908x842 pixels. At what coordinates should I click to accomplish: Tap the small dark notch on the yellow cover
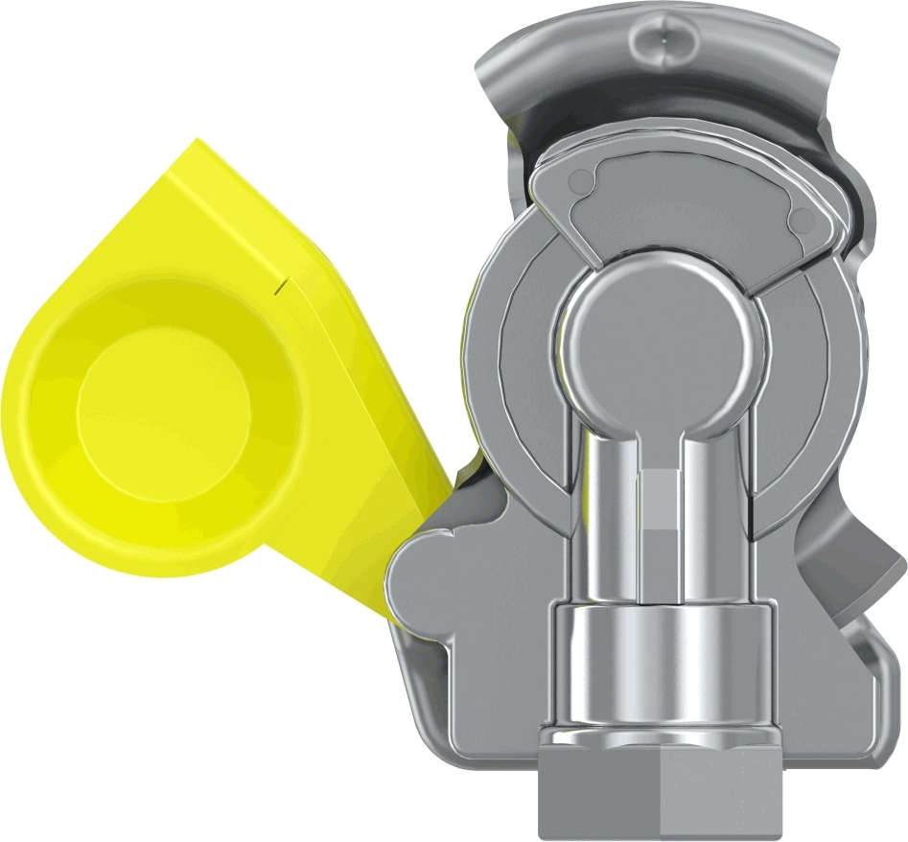click(x=279, y=283)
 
